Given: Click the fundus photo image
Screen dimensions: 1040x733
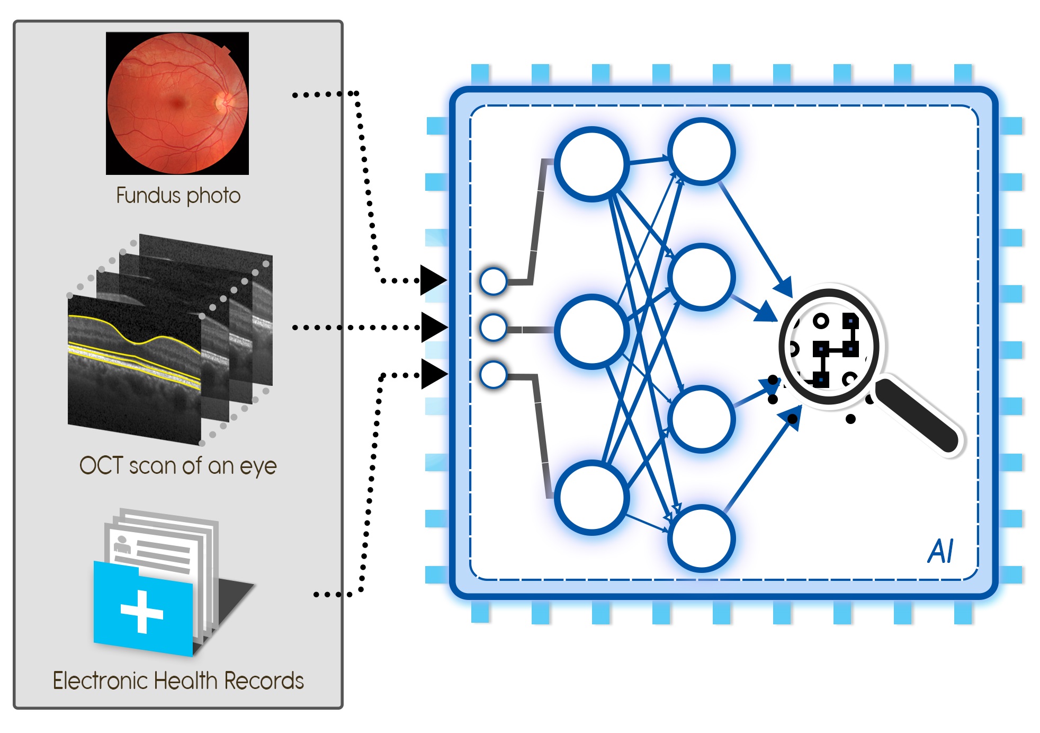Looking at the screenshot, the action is coord(177,103).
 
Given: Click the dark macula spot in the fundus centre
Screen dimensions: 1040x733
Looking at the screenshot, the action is coord(177,103).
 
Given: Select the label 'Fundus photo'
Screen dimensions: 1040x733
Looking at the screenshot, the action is coord(178,196).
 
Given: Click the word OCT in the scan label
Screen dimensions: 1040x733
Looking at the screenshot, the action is coord(101,465).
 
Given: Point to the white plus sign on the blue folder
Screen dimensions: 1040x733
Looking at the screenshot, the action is coord(142,612).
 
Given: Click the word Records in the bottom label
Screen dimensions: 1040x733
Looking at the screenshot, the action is coord(264,681).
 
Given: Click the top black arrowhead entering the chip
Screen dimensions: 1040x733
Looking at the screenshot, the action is coord(433,280).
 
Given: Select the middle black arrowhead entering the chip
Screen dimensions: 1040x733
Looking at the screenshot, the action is coord(434,328).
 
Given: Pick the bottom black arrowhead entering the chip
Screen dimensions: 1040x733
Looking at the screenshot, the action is coord(434,374).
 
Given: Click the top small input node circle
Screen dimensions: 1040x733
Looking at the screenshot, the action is coord(493,281).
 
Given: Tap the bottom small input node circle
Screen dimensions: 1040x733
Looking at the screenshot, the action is coord(493,375).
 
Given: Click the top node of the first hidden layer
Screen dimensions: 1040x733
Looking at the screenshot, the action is coord(591,164).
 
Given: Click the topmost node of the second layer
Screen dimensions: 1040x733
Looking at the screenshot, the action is coord(701,152).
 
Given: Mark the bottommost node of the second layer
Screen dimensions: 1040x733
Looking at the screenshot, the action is coord(701,538).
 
